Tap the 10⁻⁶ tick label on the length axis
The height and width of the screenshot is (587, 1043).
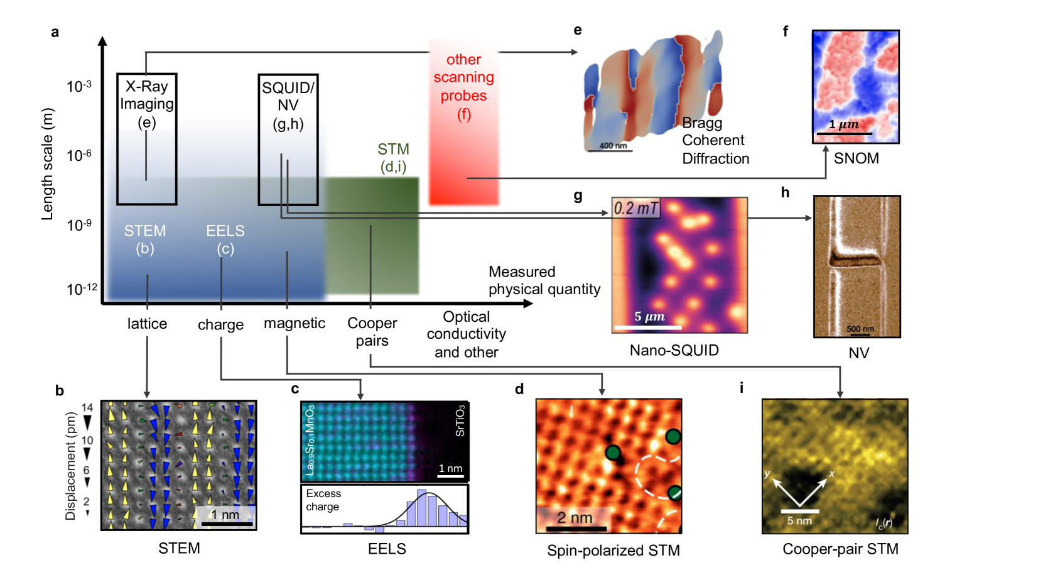[x=79, y=155]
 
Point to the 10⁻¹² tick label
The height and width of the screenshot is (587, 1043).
[x=82, y=289]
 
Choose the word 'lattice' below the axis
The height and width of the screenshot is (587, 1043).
[x=147, y=324]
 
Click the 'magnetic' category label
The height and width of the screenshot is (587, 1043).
[x=295, y=323]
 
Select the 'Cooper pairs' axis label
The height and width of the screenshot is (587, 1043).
[x=372, y=332]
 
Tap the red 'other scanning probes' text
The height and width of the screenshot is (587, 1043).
[x=463, y=87]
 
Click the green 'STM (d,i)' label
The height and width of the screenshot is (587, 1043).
[x=393, y=158]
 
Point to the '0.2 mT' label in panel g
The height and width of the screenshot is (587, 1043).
[x=636, y=208]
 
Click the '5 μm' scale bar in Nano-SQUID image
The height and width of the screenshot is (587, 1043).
[x=649, y=321]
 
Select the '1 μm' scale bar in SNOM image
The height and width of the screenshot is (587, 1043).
[x=844, y=128]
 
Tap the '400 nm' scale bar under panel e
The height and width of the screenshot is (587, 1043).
[x=613, y=147]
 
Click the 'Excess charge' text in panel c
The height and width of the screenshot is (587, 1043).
[x=323, y=500]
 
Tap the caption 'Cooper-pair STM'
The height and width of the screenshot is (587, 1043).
[x=840, y=549]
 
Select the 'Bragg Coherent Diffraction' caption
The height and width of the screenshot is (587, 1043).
[x=715, y=141]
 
